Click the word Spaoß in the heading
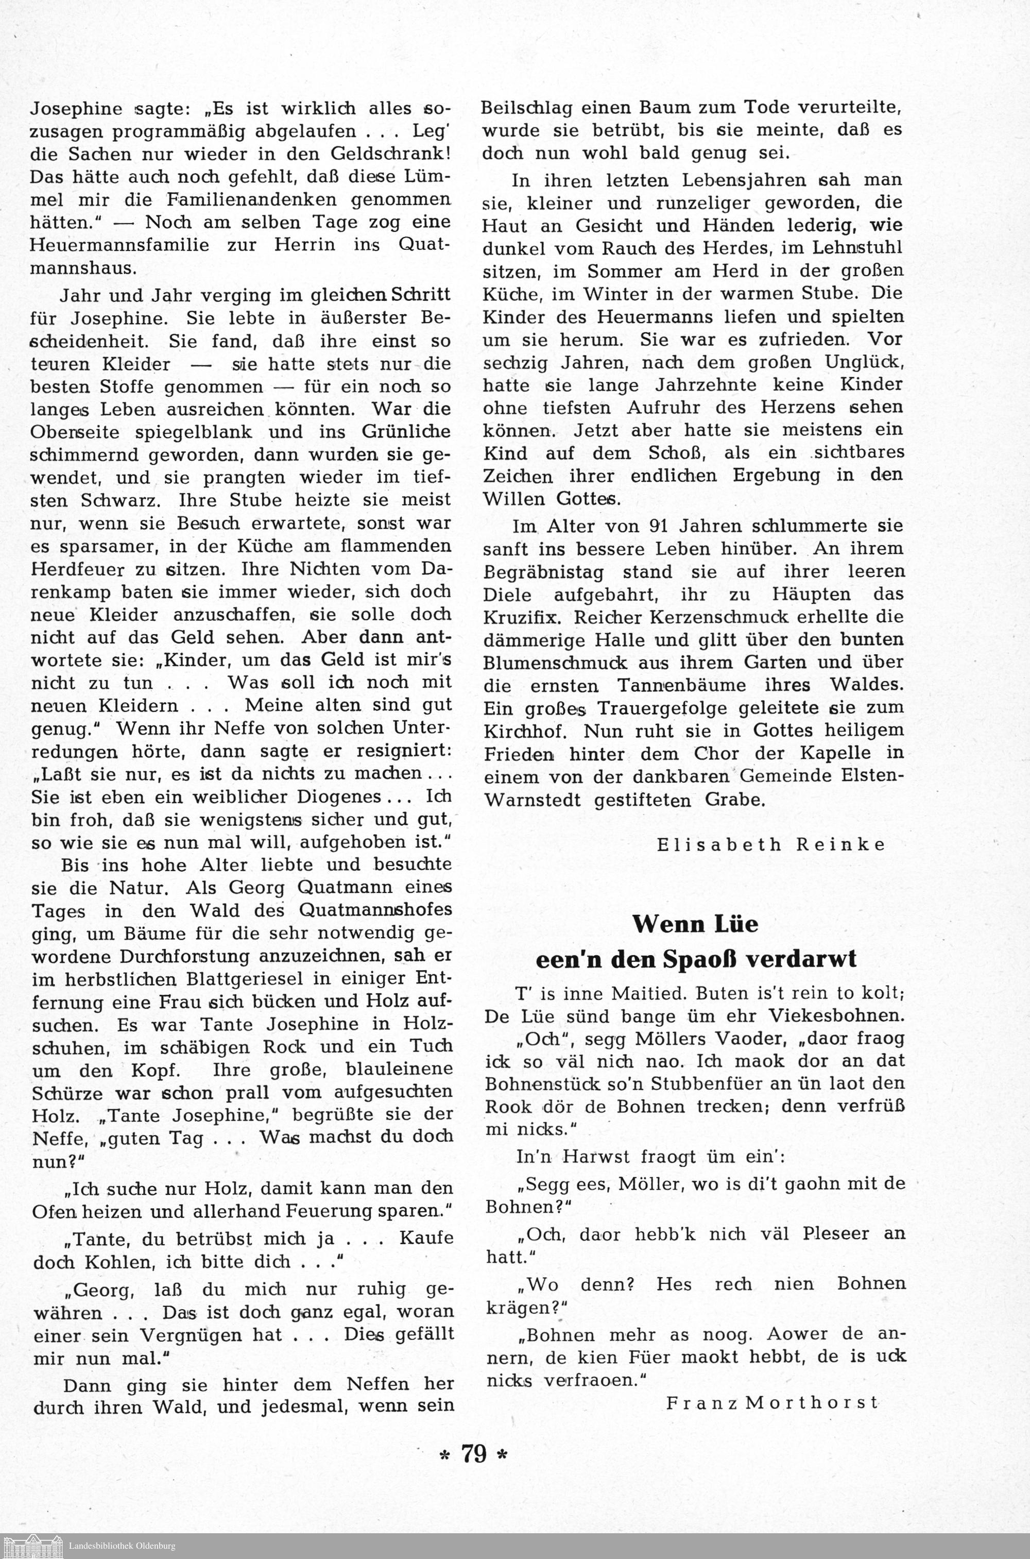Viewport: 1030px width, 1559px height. [698, 960]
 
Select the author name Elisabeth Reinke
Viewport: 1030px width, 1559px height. [771, 845]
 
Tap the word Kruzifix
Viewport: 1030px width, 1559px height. [524, 618]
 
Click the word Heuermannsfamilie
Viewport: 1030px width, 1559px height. [119, 246]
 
